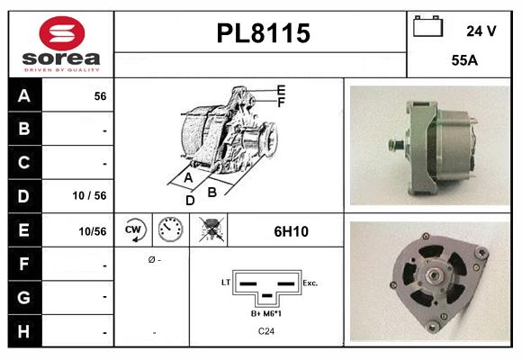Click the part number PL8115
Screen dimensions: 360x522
263,33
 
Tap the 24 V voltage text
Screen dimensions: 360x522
481,31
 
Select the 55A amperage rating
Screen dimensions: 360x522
463,62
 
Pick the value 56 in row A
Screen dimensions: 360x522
101,95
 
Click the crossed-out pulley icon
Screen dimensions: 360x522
211,230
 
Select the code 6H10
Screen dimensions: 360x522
291,231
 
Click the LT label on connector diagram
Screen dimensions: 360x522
226,283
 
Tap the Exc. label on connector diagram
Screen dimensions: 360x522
310,283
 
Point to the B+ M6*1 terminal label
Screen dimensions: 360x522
267,313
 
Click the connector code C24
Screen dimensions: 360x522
267,332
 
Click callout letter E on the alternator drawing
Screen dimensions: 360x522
281,90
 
